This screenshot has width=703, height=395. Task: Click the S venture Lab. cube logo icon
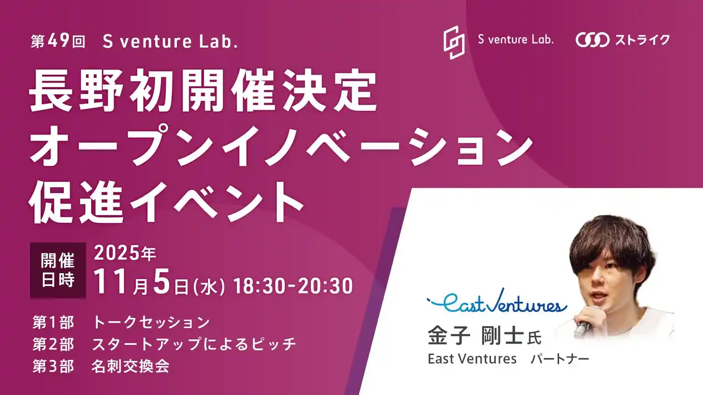tap(454, 42)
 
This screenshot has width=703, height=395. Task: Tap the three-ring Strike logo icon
tap(592, 40)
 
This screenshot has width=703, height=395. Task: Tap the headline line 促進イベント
tap(167, 201)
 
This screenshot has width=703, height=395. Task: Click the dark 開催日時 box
tap(58, 270)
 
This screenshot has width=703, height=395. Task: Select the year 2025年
tap(125, 254)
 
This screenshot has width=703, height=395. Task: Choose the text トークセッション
tap(151, 322)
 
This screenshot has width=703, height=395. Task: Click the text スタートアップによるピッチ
tap(194, 345)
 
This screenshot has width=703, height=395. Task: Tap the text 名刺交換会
tap(130, 366)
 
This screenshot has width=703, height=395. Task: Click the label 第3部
tap(53, 366)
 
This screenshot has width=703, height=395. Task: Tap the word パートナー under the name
tap(560, 359)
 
